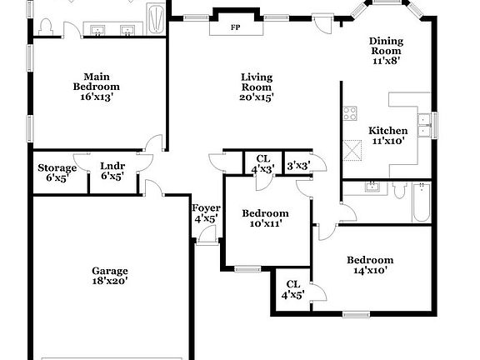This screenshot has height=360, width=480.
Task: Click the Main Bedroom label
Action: tap(96, 86)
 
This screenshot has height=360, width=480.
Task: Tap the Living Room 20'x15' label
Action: tap(257, 87)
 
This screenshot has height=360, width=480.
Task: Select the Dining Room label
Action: tap(386, 50)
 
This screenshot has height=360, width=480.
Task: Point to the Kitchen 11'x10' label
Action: tap(387, 136)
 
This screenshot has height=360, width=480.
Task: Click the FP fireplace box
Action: tap(236, 26)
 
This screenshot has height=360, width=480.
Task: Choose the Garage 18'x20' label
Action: tap(109, 277)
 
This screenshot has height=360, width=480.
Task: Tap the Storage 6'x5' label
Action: tap(57, 172)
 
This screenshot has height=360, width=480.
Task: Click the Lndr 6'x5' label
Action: tap(112, 171)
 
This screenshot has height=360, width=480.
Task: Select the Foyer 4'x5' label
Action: tap(205, 212)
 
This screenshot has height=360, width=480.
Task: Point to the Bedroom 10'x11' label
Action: tap(260, 218)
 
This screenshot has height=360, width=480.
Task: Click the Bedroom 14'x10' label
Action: tap(370, 265)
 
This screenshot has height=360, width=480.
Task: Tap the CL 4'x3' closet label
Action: tap(263, 163)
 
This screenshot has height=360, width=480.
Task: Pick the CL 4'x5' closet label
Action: tap(292, 289)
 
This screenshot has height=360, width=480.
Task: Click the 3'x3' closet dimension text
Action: tap(297, 165)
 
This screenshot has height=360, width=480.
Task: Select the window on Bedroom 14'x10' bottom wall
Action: tap(357, 314)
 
